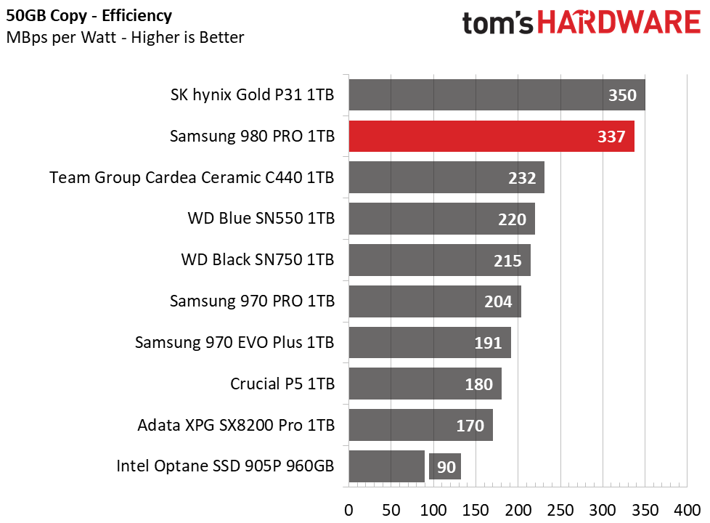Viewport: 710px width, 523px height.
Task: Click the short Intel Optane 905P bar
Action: pyautogui.click(x=386, y=466)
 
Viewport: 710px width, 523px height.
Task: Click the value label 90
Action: pyautogui.click(x=446, y=466)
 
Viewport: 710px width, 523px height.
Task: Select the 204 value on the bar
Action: pyautogui.click(x=498, y=301)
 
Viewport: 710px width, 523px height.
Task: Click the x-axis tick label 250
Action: pyautogui.click(x=560, y=508)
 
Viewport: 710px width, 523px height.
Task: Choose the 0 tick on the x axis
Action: pyautogui.click(x=348, y=508)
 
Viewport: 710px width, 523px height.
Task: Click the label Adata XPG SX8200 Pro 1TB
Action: pyautogui.click(x=236, y=425)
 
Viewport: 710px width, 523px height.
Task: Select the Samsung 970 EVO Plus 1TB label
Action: pyautogui.click(x=234, y=342)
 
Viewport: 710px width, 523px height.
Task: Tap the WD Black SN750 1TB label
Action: pyautogui.click(x=257, y=259)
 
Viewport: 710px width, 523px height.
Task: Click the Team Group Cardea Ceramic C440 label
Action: pyautogui.click(x=192, y=177)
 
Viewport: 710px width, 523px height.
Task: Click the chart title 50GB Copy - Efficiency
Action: pyautogui.click(x=89, y=15)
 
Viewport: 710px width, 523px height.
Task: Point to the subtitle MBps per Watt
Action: pyautogui.click(x=125, y=37)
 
